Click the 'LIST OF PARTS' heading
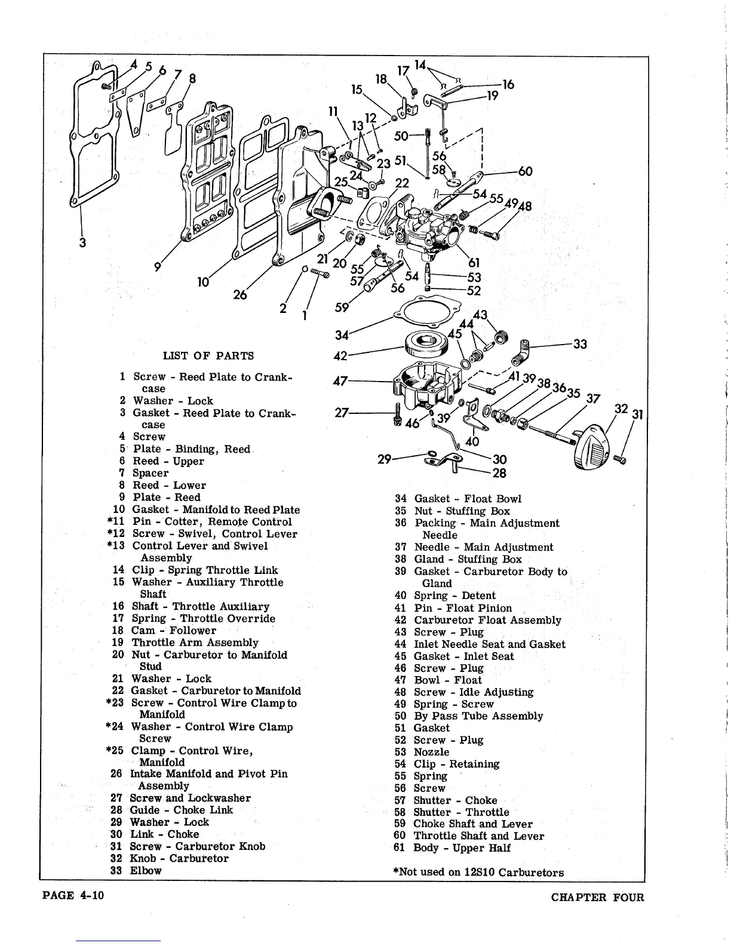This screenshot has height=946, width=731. point(208,356)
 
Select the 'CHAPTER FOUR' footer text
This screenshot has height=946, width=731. point(598,897)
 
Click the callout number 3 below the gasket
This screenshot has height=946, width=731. point(82,242)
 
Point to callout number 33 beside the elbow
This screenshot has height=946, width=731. point(579,344)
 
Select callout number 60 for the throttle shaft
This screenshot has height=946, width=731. point(525,171)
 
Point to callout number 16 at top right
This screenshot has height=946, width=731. point(508,85)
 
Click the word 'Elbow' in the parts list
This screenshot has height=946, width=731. point(146,870)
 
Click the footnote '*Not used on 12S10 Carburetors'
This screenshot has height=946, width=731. point(478,872)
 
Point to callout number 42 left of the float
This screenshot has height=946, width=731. point(340,355)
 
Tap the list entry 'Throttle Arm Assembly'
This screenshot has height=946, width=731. point(195,643)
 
